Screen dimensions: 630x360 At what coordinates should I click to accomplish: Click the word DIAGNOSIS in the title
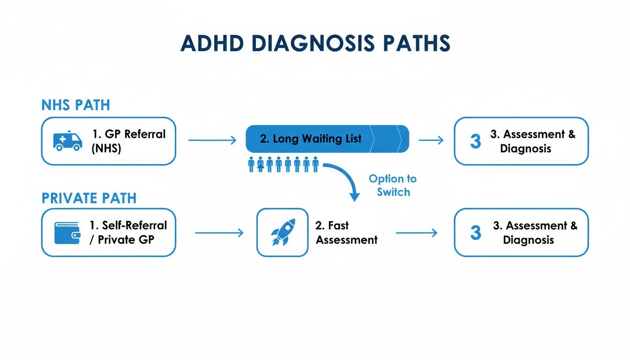[313, 43]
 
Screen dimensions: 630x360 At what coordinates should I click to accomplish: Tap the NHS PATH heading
[75, 105]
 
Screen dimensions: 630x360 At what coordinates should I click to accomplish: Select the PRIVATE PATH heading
[89, 198]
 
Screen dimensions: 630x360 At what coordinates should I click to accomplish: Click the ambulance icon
[67, 141]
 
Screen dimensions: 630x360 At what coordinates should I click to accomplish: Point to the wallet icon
[67, 233]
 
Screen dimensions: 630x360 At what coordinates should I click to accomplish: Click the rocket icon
[283, 232]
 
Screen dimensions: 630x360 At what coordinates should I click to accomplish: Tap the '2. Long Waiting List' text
[310, 139]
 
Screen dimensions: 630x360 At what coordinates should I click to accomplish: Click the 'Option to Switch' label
[393, 185]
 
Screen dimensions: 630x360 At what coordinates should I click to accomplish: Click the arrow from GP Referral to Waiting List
[212, 140]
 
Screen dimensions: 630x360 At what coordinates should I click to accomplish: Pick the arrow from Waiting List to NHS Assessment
[431, 140]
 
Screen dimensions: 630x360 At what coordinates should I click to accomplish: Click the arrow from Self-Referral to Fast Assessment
[219, 233]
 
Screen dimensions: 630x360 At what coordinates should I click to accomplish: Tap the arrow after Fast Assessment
[417, 233]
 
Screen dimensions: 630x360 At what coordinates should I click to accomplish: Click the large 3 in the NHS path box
[476, 141]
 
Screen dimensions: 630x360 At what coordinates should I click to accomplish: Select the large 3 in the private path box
[476, 232]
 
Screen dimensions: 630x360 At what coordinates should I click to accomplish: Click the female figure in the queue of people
[261, 164]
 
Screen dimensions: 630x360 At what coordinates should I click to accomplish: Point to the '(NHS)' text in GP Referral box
[106, 148]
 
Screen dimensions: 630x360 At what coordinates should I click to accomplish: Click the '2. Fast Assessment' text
[346, 232]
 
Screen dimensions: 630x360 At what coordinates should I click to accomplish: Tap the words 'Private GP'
[126, 240]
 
